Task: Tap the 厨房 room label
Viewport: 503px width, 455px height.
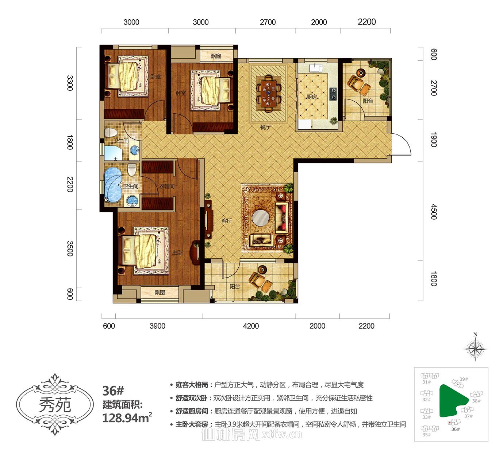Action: coord(311,97)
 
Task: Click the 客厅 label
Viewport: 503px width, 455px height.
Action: coord(227,221)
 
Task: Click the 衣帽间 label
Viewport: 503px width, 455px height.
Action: coord(167,186)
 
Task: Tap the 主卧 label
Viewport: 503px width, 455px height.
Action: coord(177,252)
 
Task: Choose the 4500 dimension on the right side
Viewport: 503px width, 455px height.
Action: coord(434,212)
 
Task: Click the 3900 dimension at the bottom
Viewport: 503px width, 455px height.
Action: coord(157,326)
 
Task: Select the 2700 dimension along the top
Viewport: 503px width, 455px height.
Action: coord(268,22)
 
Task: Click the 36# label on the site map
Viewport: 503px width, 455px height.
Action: coord(455,429)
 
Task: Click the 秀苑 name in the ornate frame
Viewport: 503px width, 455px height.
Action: coord(55,405)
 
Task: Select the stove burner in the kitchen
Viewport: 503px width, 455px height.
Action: coord(333,93)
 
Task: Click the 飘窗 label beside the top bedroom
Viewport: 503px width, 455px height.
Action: coord(216,56)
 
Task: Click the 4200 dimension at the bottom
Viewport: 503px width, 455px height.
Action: coord(251,326)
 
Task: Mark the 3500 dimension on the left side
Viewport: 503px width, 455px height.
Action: coord(70,248)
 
